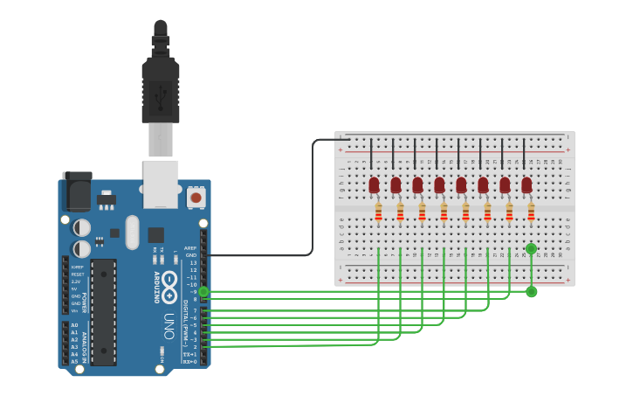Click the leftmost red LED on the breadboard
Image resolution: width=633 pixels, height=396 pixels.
point(374,184)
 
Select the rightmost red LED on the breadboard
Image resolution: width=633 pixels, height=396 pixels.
point(526,184)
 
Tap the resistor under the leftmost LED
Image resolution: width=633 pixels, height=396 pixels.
point(378,212)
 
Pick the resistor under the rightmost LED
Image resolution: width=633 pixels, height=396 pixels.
point(531,212)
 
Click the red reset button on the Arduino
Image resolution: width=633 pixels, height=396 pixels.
point(196,198)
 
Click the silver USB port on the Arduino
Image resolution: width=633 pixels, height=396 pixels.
point(161,184)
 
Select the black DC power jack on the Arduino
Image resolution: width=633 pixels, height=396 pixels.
point(77,190)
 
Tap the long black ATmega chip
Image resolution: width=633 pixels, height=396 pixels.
point(103,311)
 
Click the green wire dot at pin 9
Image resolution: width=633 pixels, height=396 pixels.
point(203,292)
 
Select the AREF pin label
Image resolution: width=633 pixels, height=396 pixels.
point(190,248)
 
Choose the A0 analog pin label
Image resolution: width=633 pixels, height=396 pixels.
point(74,325)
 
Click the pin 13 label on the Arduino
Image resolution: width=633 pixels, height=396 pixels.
point(193,263)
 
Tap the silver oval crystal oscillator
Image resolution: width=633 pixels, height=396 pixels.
point(132,233)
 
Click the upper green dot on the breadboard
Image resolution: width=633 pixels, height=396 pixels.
point(531,249)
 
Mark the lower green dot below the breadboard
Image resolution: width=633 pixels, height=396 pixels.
point(531,291)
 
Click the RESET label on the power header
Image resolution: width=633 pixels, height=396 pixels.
point(78,274)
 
